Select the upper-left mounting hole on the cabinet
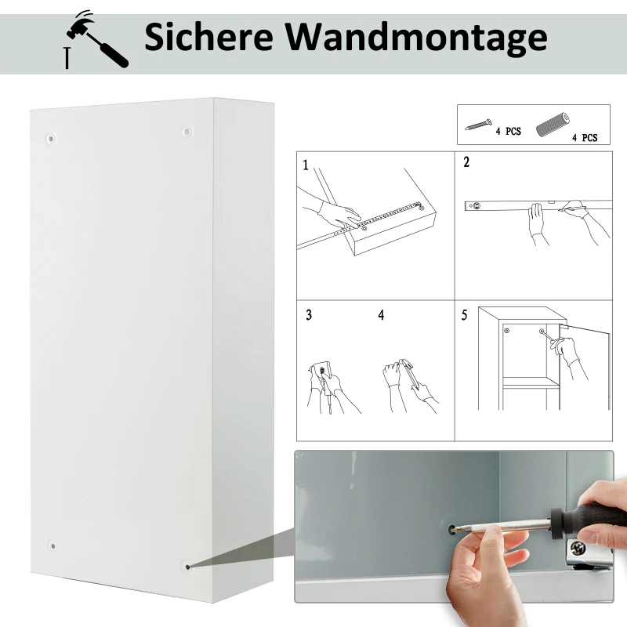point(52,139)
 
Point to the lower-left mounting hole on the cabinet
point(52,545)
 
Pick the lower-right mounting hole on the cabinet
point(187,564)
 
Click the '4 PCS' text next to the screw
point(508,132)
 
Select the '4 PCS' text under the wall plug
point(584,138)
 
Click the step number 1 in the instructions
point(306,165)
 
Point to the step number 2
point(466,163)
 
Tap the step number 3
point(309,315)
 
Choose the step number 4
point(381,315)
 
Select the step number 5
point(465,315)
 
